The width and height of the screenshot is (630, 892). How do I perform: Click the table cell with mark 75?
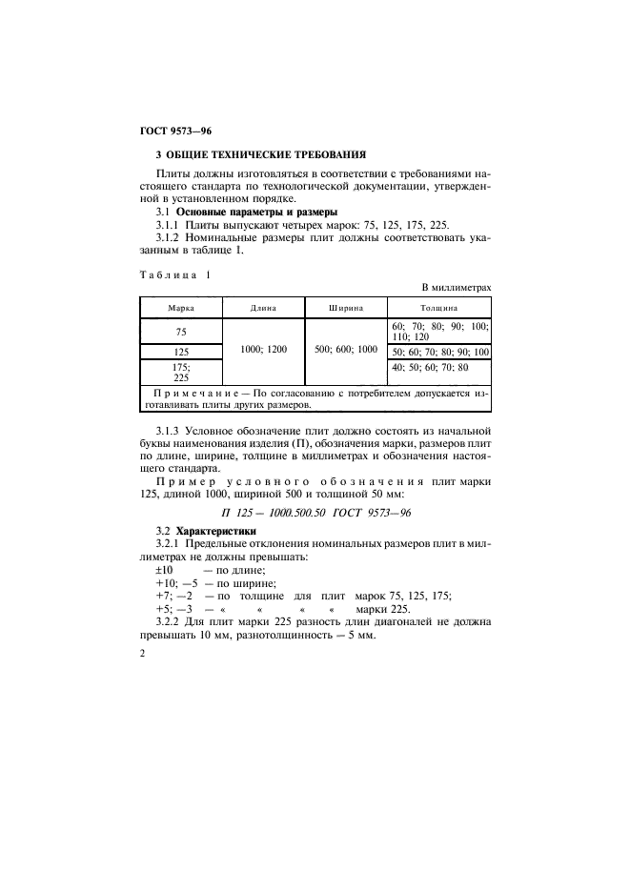click(181, 332)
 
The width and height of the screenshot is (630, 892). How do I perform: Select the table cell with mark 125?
click(181, 352)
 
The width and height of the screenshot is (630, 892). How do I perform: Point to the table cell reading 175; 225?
click(181, 371)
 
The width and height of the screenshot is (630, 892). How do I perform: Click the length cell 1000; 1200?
click(263, 351)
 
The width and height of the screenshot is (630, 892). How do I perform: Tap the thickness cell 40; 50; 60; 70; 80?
click(430, 367)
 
